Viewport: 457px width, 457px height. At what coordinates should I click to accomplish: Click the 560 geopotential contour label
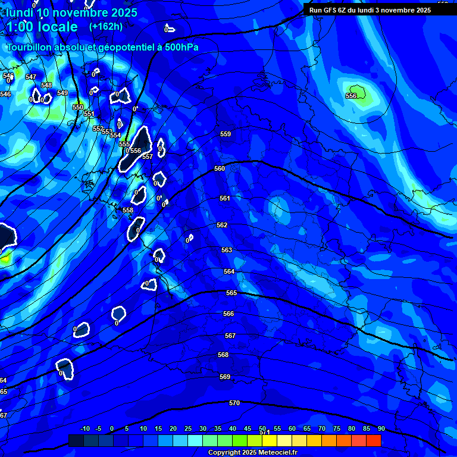tap(220, 168)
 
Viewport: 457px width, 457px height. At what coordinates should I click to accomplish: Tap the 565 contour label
tap(231, 293)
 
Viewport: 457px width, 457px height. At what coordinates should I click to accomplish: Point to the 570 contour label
tap(234, 403)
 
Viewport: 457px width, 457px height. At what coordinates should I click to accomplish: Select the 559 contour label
tap(226, 134)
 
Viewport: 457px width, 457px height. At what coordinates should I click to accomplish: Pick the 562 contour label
tap(222, 225)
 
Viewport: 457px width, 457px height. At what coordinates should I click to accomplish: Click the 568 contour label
tap(223, 355)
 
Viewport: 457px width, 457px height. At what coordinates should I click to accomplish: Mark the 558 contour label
tap(128, 210)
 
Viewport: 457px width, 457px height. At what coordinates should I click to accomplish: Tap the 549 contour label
tap(62, 93)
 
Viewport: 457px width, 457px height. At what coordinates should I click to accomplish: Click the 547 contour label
tap(31, 77)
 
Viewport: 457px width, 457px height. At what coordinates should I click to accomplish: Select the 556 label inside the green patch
tap(351, 96)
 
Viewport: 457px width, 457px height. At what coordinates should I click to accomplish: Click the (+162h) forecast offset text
tap(106, 26)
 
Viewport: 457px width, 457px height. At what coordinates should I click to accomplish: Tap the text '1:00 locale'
tap(42, 27)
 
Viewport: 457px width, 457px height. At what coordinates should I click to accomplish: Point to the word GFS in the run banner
tap(330, 10)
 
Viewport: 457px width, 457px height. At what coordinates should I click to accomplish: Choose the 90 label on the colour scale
tap(381, 428)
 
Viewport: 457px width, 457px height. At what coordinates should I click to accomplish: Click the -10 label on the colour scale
tap(84, 428)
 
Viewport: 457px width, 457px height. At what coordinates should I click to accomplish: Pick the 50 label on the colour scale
tap(262, 428)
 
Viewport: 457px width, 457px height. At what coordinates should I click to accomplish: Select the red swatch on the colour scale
tap(373, 440)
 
